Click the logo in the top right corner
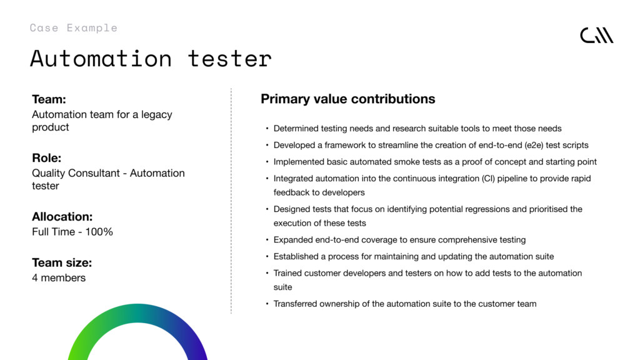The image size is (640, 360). tap(597, 36)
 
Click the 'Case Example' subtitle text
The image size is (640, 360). tap(74, 27)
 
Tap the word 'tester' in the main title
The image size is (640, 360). tap(229, 59)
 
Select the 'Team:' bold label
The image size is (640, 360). tap(49, 99)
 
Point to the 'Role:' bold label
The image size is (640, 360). tap(46, 158)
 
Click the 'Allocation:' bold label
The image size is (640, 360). tap(62, 216)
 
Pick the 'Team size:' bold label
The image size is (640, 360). tap(62, 262)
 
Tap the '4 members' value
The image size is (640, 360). tap(59, 278)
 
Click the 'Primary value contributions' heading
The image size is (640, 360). tap(347, 99)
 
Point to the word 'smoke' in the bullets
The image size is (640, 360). tap(406, 162)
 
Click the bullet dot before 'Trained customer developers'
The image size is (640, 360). tap(267, 273)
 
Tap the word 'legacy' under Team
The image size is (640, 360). tap(157, 115)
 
